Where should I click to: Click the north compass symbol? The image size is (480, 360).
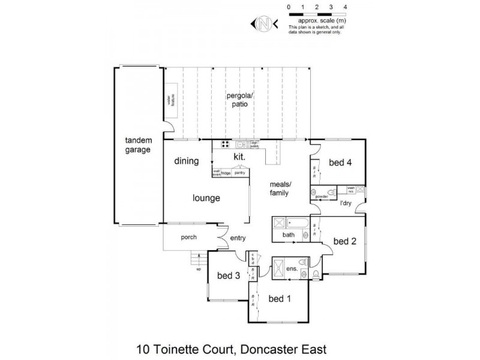(x=262, y=25)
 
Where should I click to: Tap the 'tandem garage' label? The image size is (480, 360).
(x=137, y=145)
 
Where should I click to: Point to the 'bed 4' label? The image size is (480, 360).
(x=340, y=161)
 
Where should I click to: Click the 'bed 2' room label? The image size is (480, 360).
(x=345, y=241)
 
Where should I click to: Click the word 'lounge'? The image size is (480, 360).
(x=206, y=198)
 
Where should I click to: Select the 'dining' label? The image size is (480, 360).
(x=187, y=161)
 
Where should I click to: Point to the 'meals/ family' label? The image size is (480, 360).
(x=280, y=188)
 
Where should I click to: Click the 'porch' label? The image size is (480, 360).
(x=189, y=237)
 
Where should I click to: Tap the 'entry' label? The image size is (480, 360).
(x=238, y=238)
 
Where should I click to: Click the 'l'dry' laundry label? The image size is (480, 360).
(x=346, y=204)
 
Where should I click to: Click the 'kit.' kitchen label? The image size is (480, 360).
(x=240, y=157)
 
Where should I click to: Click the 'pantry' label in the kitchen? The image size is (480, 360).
(x=240, y=173)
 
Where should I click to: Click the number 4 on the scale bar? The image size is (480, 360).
(x=344, y=7)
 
